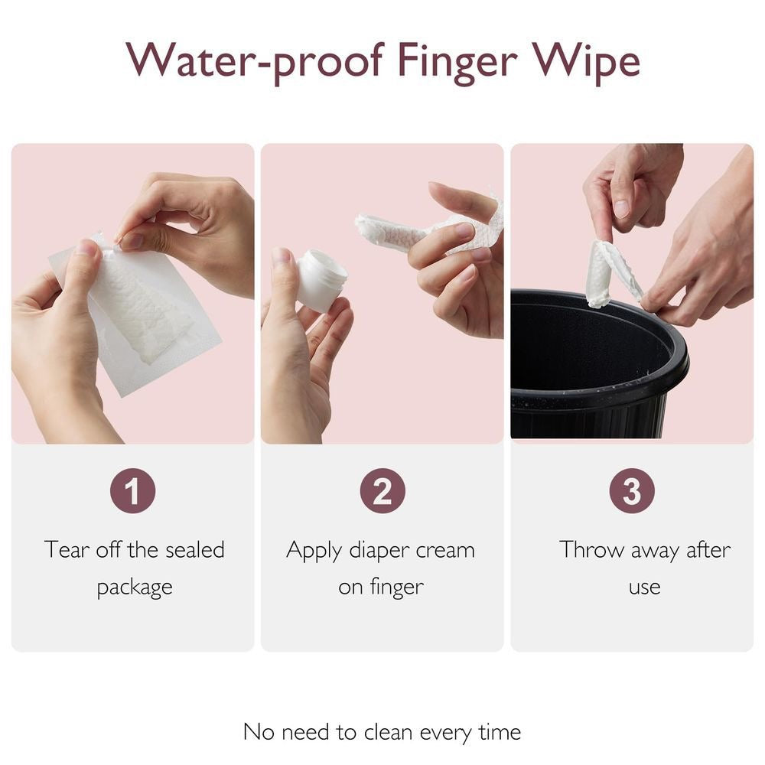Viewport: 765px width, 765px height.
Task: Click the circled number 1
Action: pos(132,491)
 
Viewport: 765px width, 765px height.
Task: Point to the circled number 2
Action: pos(382,491)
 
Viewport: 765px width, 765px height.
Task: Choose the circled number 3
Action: pos(631,491)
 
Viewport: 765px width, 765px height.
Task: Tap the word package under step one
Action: pos(134,588)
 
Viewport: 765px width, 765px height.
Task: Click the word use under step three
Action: pos(644,588)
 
